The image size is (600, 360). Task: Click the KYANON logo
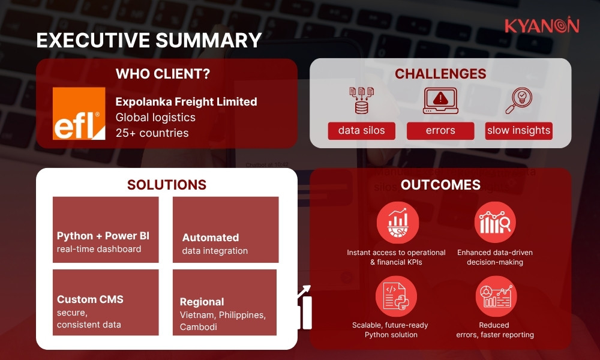coord(541,26)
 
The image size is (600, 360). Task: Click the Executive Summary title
coord(149,40)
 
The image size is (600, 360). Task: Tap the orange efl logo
coord(79,113)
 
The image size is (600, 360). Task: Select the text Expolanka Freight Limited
coord(186,101)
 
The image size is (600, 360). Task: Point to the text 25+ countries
coord(152,133)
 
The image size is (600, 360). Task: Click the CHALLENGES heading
coord(440,74)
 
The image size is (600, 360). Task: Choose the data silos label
coord(361,131)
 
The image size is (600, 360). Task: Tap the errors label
coord(440,131)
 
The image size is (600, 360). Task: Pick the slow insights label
coord(518,131)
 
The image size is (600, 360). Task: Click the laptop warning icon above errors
coord(440,100)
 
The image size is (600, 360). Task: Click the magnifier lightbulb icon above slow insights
coord(518,100)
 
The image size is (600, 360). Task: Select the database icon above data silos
coord(361,100)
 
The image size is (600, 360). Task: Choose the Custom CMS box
coord(106,302)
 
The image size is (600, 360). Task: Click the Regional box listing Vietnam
coord(224,302)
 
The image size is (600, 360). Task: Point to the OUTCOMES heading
coord(440,185)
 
